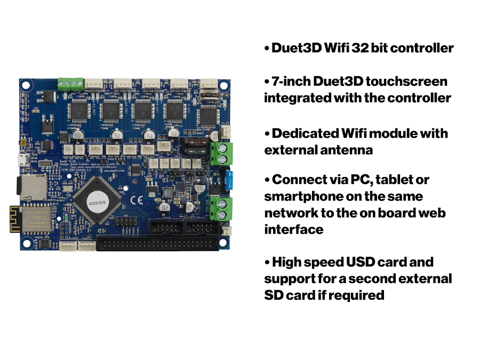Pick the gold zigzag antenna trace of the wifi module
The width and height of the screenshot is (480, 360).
15,219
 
